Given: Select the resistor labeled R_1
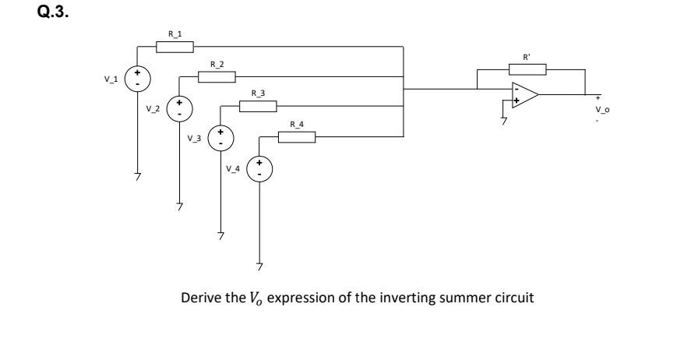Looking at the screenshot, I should pos(175,47).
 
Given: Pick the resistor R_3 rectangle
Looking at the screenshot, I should pos(258,107).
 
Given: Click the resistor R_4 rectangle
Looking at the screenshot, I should pos(297,138).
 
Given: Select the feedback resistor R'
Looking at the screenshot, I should pos(529,69).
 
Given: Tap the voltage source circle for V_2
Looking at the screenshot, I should pos(179,108).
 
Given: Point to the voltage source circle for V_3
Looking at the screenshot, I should pos(220,138).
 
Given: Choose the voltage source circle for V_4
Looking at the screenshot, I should pos(261,168).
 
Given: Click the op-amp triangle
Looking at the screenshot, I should pos(524,94).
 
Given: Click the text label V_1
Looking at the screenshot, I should pos(113,78).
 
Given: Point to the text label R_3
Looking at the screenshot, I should pos(258,94).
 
